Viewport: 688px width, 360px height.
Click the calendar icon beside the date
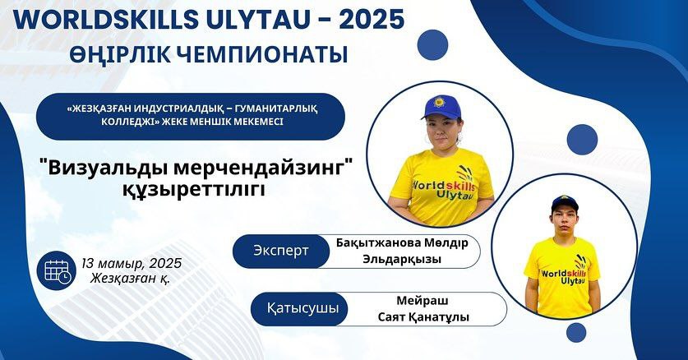(57, 271)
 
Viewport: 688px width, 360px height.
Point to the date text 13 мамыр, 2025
(132, 263)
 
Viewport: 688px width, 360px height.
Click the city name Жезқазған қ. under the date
(130, 278)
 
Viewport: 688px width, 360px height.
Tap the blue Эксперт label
(281, 252)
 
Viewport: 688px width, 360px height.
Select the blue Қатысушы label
(302, 309)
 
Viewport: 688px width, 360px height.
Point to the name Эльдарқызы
(402, 259)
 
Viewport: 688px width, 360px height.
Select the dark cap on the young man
(565, 202)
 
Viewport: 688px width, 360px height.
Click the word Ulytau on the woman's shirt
(455, 194)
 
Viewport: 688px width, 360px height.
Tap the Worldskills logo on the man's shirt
(570, 272)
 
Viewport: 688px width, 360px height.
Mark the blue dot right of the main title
(432, 44)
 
